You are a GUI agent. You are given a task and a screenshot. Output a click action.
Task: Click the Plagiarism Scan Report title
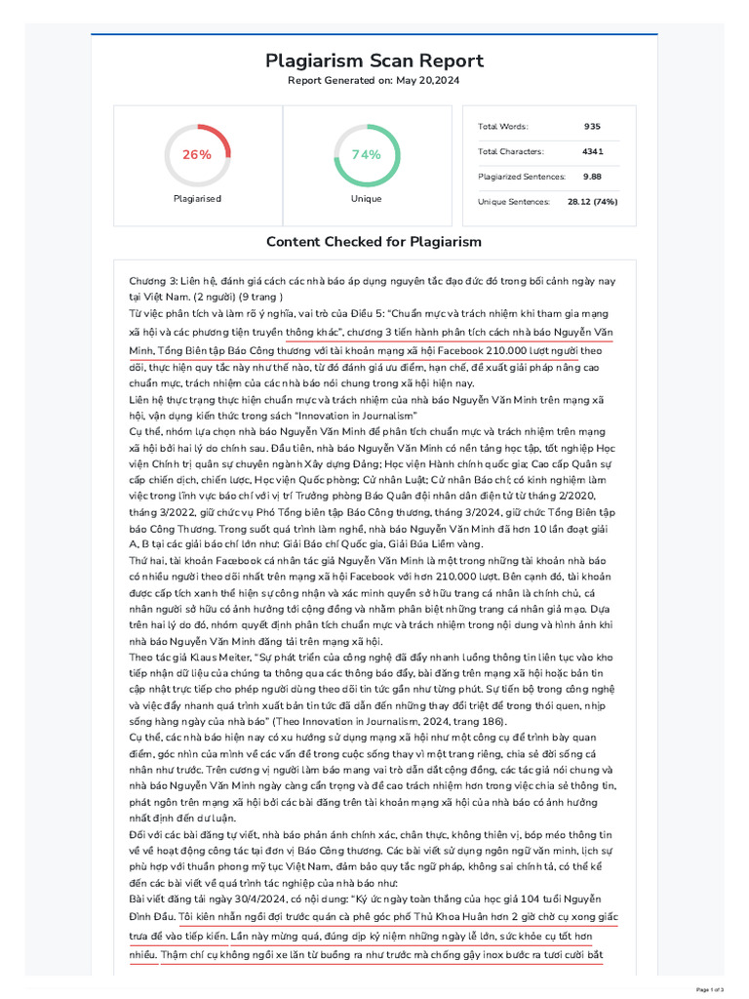tap(374, 60)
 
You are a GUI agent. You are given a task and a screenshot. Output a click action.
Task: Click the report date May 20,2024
tap(425, 80)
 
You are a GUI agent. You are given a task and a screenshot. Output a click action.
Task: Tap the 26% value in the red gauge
tap(197, 155)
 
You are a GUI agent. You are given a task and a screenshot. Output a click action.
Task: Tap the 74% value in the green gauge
tap(366, 155)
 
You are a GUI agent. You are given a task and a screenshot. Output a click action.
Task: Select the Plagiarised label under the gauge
tap(197, 198)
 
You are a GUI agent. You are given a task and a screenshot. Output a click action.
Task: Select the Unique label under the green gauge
tap(366, 198)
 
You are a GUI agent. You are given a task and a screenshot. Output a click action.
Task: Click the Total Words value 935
tap(592, 127)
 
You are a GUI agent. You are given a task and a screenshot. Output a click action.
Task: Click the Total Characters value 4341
tap(592, 151)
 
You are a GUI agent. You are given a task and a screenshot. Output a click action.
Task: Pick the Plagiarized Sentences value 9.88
tap(592, 177)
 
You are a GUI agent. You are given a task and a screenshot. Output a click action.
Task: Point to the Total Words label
tap(502, 127)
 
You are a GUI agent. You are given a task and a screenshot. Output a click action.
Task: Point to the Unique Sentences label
tap(512, 202)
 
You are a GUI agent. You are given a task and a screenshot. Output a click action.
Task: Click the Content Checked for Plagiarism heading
tap(374, 242)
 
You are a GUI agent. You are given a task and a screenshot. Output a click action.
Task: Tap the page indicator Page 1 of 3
tap(716, 989)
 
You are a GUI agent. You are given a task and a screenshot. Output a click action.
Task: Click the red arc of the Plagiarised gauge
tap(219, 136)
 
